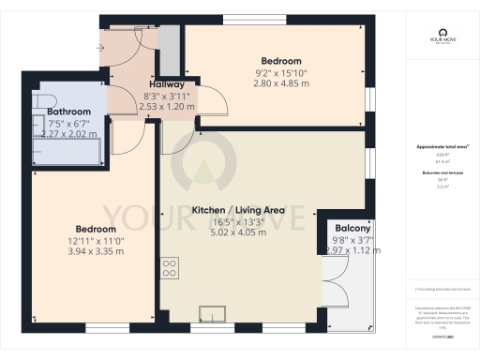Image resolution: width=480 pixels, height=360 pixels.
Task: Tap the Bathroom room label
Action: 67,111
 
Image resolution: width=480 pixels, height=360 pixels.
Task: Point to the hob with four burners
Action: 170,269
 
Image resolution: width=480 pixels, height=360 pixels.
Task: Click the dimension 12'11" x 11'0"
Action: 96,242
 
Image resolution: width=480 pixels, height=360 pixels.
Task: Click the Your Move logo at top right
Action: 440,37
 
